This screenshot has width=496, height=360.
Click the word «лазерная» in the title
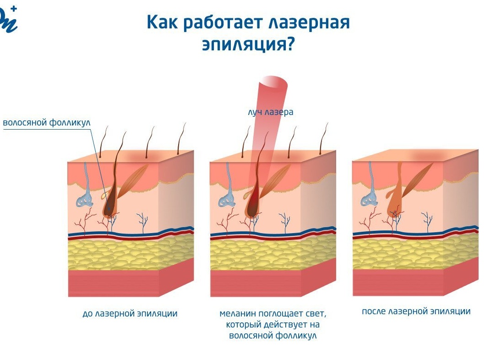[309, 23]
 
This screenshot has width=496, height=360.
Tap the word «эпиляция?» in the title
[248, 44]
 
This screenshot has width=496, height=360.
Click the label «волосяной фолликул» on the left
[47, 123]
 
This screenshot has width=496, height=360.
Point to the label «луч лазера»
[271, 112]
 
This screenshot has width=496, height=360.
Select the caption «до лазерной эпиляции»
[130, 313]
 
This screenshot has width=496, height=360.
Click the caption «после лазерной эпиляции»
[416, 311]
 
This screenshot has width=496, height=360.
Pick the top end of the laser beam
[273, 82]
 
